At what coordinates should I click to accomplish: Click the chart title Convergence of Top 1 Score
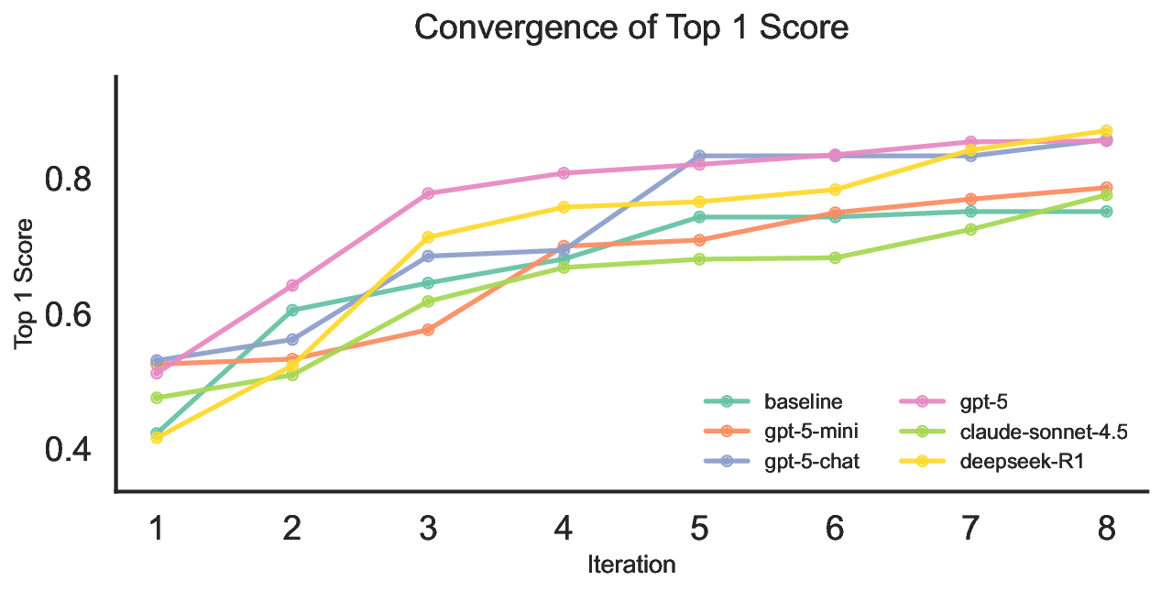coord(631,28)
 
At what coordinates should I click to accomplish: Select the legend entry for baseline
coord(803,401)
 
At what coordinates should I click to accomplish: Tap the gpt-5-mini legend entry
coord(810,432)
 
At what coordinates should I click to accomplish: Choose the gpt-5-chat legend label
coord(811,461)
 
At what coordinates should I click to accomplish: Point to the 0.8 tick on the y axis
coord(69,180)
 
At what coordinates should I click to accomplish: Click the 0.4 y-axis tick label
coord(69,451)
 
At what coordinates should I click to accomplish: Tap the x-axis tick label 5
coord(699,529)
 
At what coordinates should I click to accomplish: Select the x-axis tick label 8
coord(1106,529)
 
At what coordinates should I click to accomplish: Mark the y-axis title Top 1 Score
coord(25,283)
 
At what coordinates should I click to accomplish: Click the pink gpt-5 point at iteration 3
coord(428,193)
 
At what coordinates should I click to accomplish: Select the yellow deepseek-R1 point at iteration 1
coord(157,438)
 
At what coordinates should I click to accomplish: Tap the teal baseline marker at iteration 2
coord(292,311)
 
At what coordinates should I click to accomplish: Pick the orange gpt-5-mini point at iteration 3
coord(428,330)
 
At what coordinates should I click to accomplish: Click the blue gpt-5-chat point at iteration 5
coord(699,156)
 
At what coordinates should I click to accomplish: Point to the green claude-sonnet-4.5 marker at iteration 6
coord(835,258)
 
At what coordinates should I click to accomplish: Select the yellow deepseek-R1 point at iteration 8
coord(1106,131)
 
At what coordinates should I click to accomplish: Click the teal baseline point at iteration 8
coord(1106,212)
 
